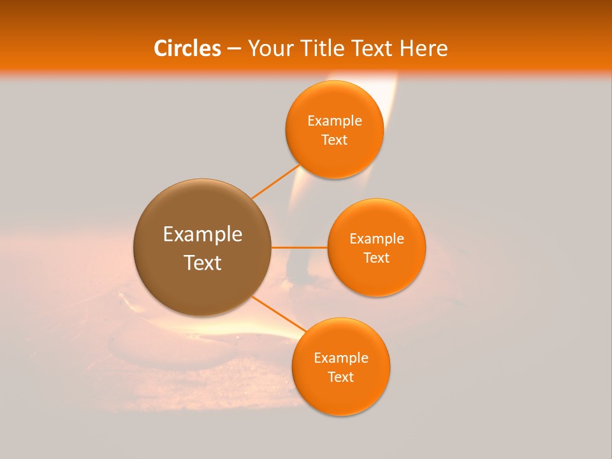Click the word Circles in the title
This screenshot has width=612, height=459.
[187, 48]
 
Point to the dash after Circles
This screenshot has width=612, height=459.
[234, 49]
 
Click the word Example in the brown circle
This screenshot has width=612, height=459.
[203, 235]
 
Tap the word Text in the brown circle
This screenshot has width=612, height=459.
[203, 263]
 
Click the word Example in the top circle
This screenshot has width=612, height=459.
[335, 121]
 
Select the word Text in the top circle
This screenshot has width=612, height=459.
[335, 140]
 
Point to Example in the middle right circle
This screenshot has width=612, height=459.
[377, 239]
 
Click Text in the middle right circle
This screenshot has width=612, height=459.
[377, 258]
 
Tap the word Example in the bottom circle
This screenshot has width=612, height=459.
[341, 358]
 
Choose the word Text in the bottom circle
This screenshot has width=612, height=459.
[341, 377]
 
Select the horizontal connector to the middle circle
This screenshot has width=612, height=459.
[299, 247]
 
